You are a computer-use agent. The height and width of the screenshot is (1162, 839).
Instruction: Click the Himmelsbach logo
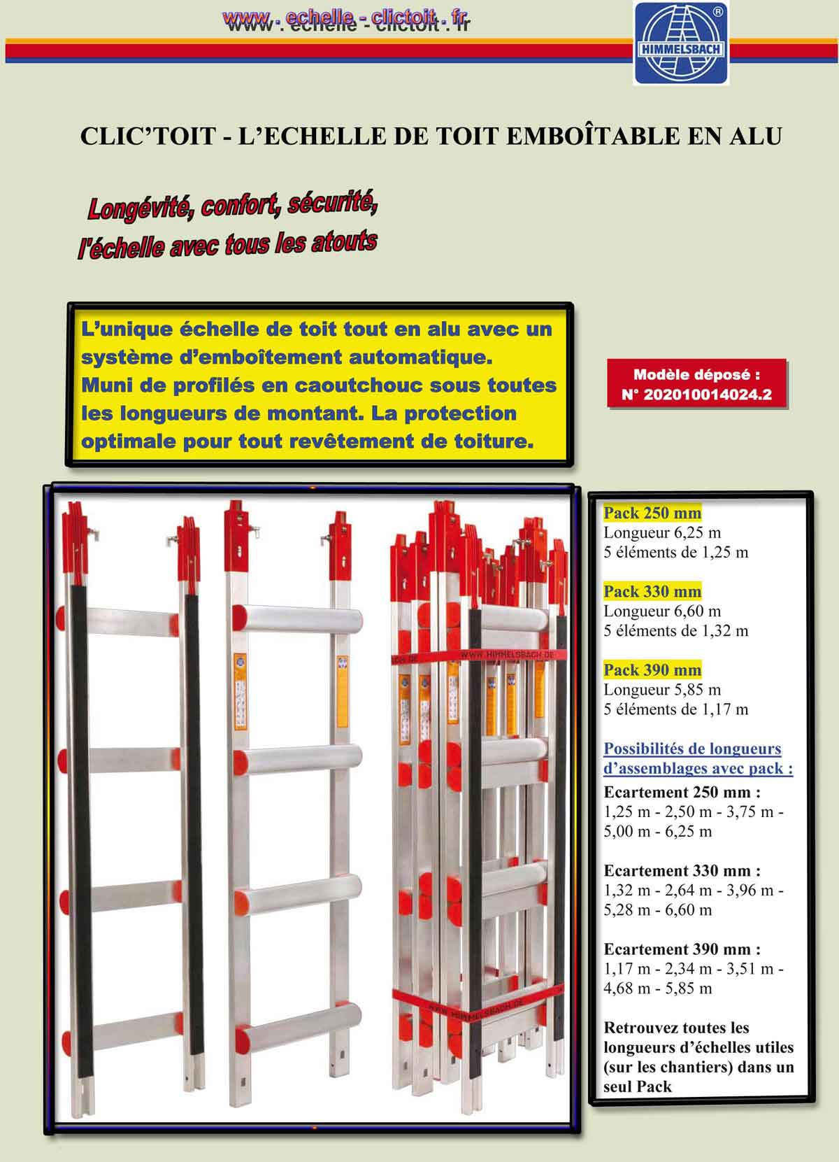[x=680, y=43]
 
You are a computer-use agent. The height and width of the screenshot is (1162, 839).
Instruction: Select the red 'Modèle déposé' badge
[x=696, y=384]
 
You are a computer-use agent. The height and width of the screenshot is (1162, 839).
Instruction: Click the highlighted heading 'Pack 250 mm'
[x=652, y=513]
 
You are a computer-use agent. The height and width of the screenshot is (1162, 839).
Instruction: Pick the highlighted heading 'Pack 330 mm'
[x=652, y=591]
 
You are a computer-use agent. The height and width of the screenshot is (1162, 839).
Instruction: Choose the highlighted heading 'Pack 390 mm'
[x=652, y=669]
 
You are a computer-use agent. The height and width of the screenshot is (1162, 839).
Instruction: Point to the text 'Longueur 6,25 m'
[x=661, y=532]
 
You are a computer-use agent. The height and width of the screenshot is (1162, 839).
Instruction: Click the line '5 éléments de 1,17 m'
[x=675, y=709]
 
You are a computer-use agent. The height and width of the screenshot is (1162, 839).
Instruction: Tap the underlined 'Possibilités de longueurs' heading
[x=692, y=749]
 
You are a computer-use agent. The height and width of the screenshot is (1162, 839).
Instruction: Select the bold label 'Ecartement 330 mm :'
[x=682, y=871]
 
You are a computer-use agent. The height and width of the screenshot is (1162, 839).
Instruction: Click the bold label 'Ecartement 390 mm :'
[x=682, y=949]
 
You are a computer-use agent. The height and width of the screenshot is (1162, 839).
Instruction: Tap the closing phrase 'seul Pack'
[x=637, y=1086]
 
